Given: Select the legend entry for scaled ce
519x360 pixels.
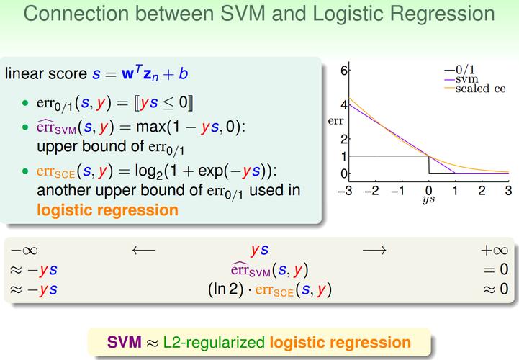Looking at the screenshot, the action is pos(475,89).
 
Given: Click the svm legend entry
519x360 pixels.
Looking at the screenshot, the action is pos(461,79).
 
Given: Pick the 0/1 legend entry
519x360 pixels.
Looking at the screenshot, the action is pos(459,70).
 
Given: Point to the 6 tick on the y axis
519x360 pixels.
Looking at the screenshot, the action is pos(344,71).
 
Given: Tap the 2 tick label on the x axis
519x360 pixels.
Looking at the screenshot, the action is pos(482,191).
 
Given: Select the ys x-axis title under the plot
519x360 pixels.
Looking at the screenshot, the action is pos(428,199).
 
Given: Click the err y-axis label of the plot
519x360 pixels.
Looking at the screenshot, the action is pos(335,121).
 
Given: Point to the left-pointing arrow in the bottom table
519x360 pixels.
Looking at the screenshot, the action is pos(144,250).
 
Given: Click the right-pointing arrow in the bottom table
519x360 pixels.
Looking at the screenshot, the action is pos(374,250).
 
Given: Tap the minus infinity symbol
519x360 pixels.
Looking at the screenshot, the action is pos(24,251).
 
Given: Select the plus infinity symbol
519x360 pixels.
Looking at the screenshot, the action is pos(495,251).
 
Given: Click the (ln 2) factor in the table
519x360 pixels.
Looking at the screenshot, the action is pos(225,289).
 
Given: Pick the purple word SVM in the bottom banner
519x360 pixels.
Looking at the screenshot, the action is pos(124,342).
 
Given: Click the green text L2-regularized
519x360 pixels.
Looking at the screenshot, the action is pos(214,343).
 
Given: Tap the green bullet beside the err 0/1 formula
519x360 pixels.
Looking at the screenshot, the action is pos(25,103).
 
